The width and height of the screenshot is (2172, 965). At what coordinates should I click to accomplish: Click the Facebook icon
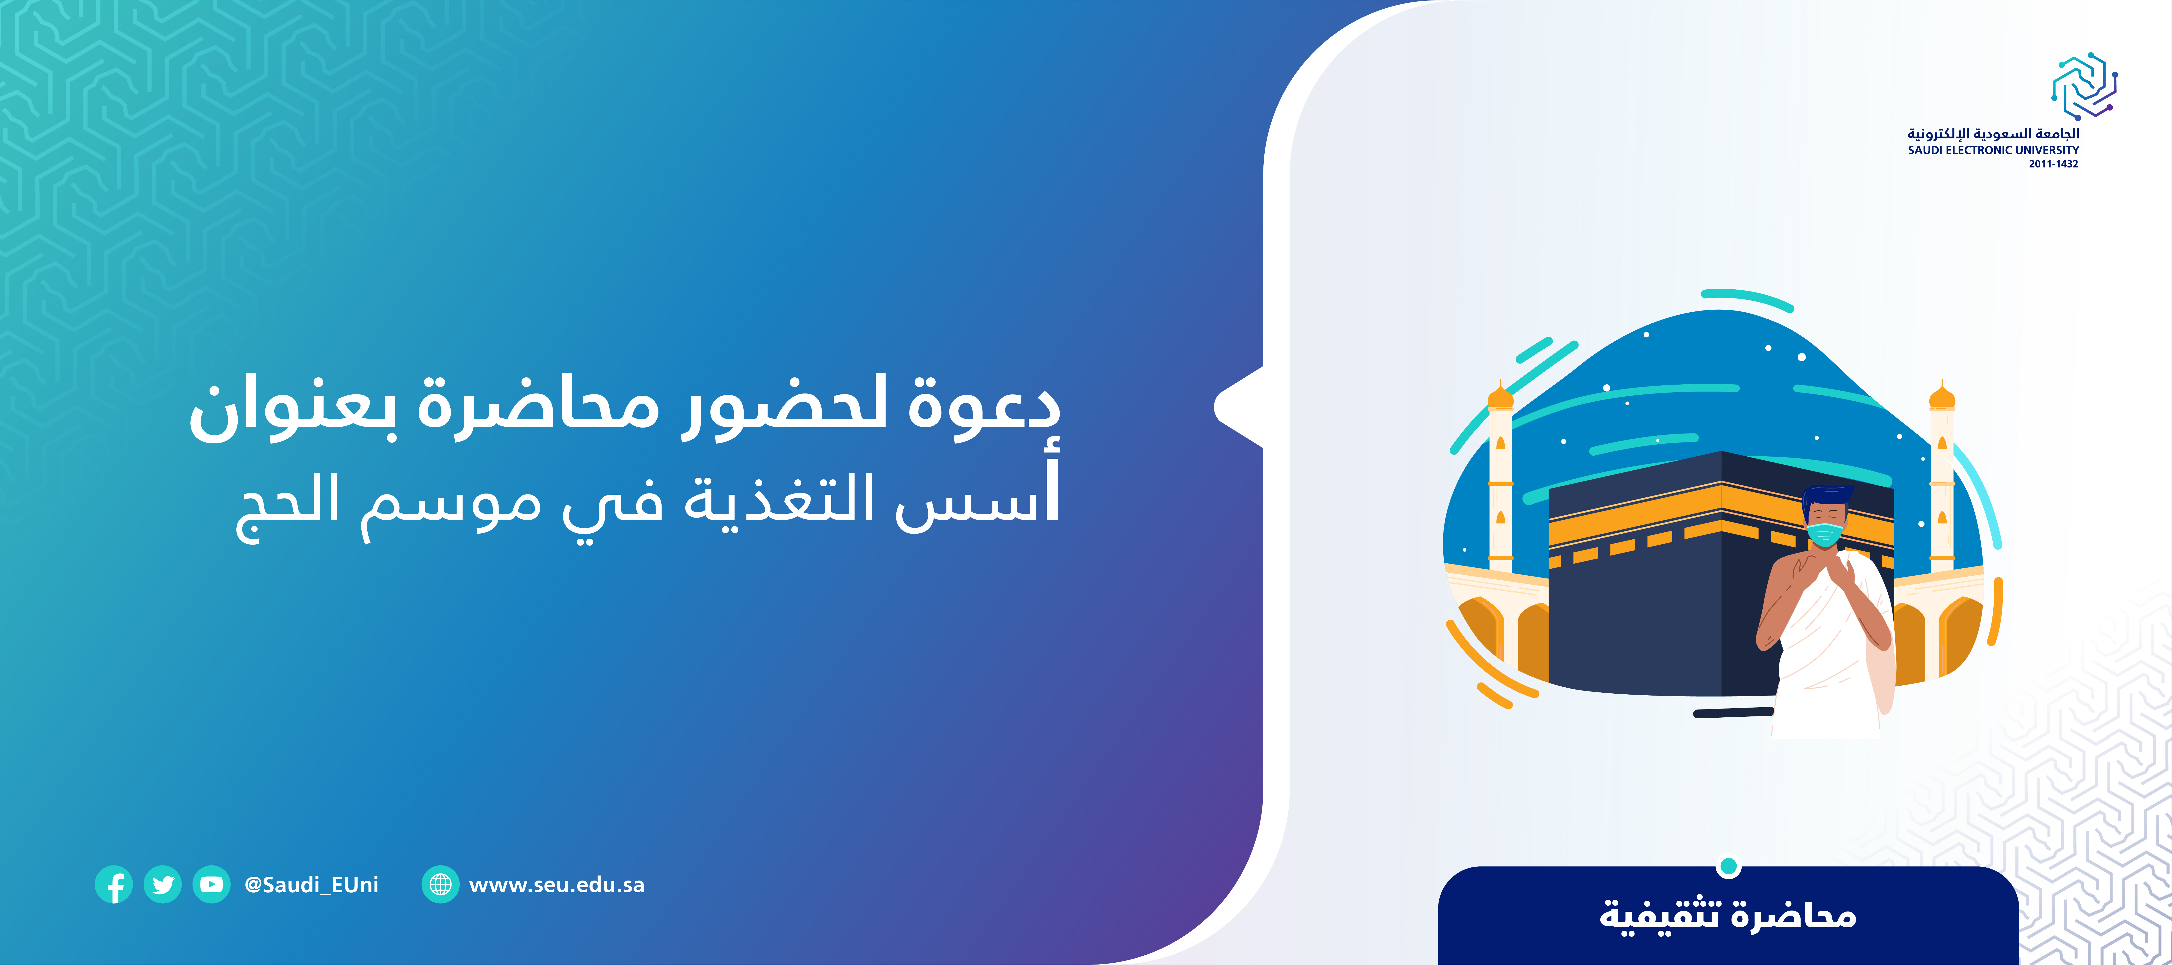[x=114, y=885]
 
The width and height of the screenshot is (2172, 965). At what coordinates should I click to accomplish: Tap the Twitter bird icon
[x=163, y=885]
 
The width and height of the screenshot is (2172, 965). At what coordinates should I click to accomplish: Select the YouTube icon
[x=212, y=885]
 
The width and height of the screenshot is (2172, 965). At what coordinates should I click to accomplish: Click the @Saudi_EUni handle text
[x=311, y=885]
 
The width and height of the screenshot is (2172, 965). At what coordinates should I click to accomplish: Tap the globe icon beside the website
[x=440, y=885]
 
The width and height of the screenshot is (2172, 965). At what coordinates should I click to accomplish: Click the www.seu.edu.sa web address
[x=557, y=885]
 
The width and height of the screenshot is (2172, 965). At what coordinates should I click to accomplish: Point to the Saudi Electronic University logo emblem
[x=2084, y=86]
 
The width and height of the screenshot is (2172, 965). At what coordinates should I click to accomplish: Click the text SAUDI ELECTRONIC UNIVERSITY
[x=1993, y=150]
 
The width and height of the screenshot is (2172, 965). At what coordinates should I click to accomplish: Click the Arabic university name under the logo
[x=1993, y=133]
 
